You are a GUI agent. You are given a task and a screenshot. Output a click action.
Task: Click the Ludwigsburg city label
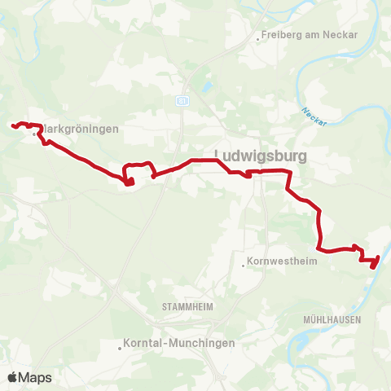[x=260, y=154]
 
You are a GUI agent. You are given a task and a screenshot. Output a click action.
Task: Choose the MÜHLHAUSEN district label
[x=332, y=320]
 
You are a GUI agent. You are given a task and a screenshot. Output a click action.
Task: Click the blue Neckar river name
[x=313, y=116]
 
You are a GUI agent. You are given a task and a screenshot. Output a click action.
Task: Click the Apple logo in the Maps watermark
[x=12, y=377]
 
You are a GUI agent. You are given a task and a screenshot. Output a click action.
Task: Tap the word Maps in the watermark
[x=35, y=377]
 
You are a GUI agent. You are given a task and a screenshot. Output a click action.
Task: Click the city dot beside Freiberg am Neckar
[x=257, y=37]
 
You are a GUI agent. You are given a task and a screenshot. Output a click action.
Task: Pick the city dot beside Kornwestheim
[x=244, y=263]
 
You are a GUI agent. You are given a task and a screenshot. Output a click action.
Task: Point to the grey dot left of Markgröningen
[x=35, y=135]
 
